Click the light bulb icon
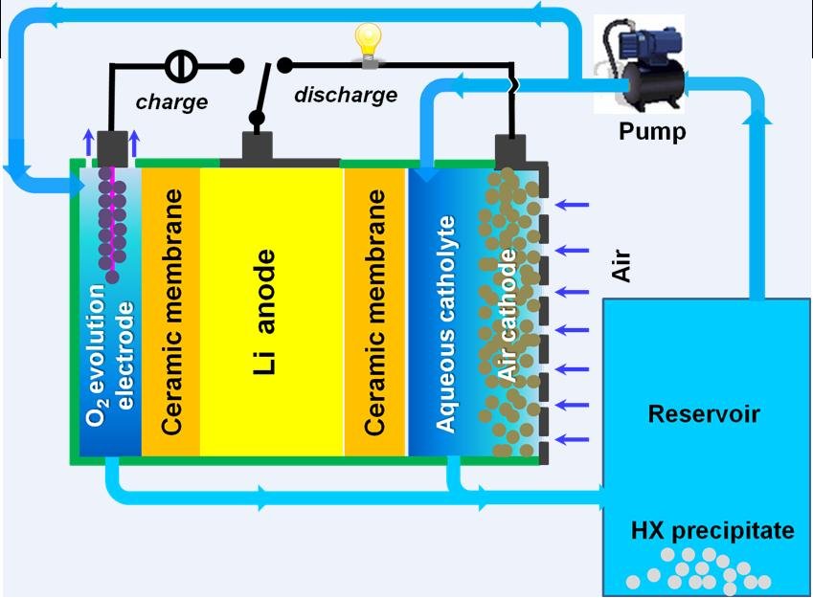click(367, 44)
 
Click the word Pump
click(651, 132)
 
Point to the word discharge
click(345, 95)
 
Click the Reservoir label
click(704, 414)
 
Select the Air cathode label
click(508, 316)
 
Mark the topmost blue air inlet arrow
click(573, 205)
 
